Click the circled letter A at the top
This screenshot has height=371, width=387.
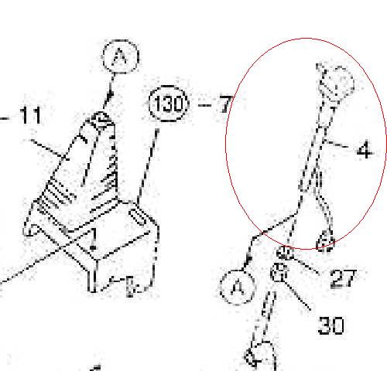pos(121,56)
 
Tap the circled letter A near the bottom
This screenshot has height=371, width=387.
pos(238,287)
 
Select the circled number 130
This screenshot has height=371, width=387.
pos(169,104)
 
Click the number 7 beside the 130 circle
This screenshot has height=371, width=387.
pos(226,104)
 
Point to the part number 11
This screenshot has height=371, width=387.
pos(30,115)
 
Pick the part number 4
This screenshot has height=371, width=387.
pos(365,150)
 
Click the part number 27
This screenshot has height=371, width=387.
pos(344,278)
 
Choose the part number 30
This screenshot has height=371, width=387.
pos(331,325)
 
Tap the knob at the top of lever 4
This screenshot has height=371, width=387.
pos(335,83)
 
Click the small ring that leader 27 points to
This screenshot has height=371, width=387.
pos(284,253)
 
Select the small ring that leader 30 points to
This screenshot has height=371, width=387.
pos(279,272)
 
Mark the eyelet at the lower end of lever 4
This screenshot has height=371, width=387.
pos(326,241)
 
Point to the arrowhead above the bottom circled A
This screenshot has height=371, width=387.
pos(248,259)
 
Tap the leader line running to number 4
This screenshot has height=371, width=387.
pos(336,144)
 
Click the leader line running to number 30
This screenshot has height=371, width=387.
pos(296,295)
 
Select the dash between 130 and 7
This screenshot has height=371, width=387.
pos(205,105)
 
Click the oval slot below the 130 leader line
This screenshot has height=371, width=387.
pos(139,217)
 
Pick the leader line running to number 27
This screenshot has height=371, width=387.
pos(307,265)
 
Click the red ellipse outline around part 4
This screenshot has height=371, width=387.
pos(226,145)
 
